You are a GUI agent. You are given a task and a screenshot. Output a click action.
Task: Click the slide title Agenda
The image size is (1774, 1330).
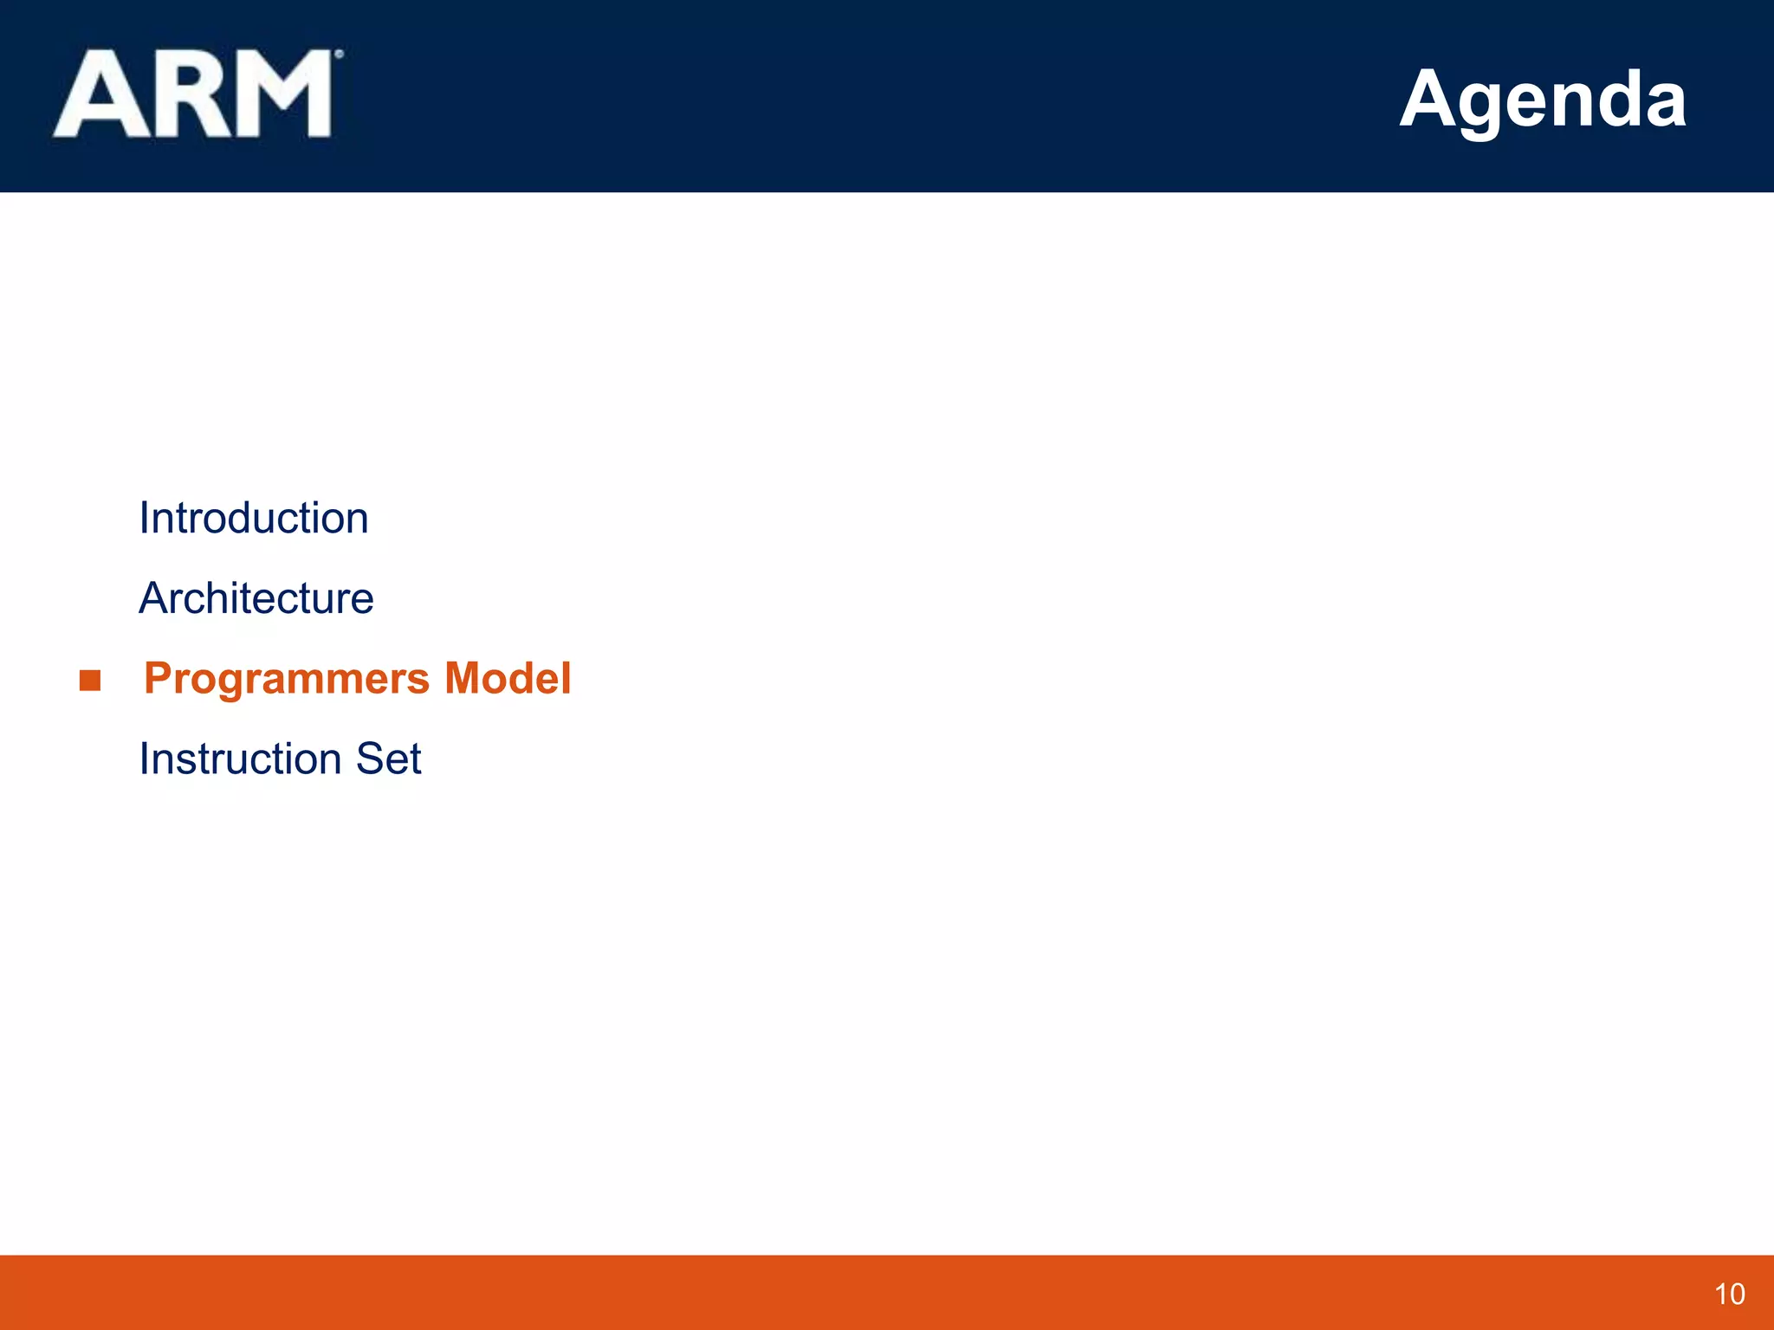pyautogui.click(x=1542, y=100)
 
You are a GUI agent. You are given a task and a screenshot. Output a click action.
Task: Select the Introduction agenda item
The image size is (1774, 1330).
pyautogui.click(x=254, y=519)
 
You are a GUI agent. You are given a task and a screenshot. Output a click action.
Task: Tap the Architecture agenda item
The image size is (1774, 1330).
pyautogui.click(x=256, y=598)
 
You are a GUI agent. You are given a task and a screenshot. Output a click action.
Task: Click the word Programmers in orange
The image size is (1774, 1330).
pyautogui.click(x=287, y=679)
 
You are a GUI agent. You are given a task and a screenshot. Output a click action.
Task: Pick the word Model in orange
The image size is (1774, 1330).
pyautogui.click(x=508, y=678)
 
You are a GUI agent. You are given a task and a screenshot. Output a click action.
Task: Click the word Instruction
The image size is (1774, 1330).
pyautogui.click(x=239, y=759)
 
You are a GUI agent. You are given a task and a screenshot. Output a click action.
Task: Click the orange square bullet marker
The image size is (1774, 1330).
pyautogui.click(x=90, y=681)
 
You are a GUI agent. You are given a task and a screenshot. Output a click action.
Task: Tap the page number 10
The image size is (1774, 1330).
pyautogui.click(x=1729, y=1294)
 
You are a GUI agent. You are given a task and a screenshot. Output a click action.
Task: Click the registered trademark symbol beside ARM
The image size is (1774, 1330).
pyautogui.click(x=339, y=55)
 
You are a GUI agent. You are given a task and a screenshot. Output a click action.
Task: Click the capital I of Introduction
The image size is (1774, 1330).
pyautogui.click(x=145, y=519)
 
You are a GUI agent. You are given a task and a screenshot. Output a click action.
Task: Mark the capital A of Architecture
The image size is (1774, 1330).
pyautogui.click(x=154, y=598)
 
